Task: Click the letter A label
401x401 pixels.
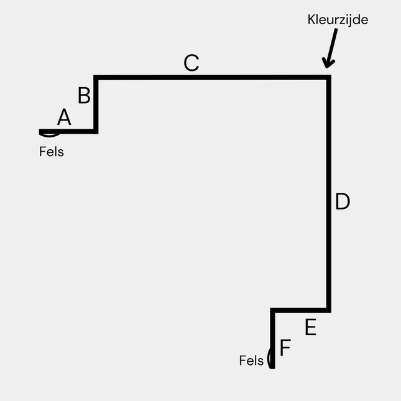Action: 64,118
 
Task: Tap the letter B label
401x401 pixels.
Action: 84,96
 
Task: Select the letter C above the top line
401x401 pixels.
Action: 191,63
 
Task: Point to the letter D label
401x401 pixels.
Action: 343,202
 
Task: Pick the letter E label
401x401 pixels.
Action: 310,328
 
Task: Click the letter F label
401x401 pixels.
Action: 285,348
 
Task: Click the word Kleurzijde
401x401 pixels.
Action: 338,19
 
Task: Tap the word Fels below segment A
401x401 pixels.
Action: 51,151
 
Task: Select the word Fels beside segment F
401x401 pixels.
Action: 251,361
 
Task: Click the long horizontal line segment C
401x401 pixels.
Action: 211,78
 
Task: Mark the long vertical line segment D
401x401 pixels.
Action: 328,193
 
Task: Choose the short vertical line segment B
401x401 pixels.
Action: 96,104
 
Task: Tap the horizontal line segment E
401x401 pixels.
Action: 300,310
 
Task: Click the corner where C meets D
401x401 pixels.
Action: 328,78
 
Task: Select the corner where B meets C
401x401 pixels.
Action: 96,78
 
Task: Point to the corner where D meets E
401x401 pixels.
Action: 328,310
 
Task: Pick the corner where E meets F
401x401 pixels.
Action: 272,310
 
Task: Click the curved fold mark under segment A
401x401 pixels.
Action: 50,134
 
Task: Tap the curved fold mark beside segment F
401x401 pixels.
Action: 269,359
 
